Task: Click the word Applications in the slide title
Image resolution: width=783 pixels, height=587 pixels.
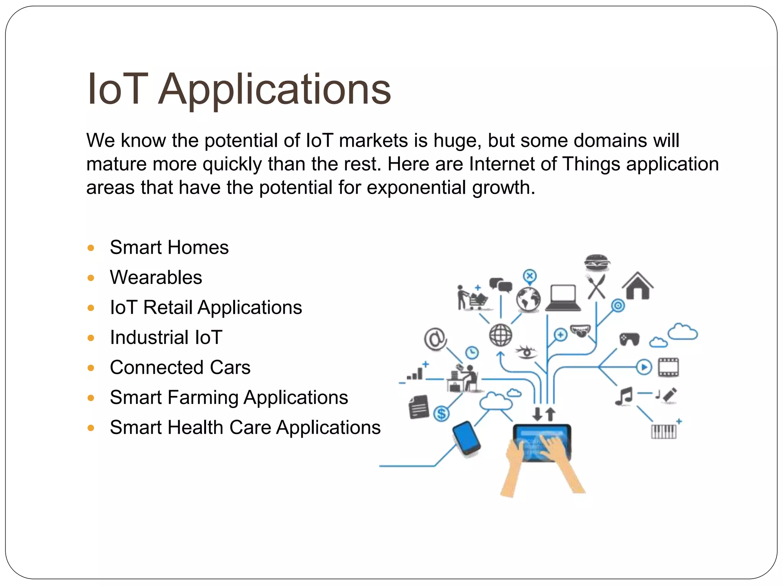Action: tap(275, 90)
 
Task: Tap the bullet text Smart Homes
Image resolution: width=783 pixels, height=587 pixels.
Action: tap(169, 247)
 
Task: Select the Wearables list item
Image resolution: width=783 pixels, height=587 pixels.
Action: tap(156, 277)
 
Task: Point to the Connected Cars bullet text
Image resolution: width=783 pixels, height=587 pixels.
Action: tap(180, 367)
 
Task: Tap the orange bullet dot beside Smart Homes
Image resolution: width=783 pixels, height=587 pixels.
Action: tap(91, 248)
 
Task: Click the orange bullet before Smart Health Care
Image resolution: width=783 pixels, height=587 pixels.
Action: tap(91, 428)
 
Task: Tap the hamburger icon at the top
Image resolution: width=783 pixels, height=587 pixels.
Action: tap(597, 263)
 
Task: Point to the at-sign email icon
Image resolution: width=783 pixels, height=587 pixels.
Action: tap(435, 339)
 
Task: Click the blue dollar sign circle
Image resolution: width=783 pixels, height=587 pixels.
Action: tap(442, 413)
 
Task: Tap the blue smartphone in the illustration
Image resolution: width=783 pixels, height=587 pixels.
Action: tap(466, 438)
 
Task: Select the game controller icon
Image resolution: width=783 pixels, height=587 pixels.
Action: tap(629, 339)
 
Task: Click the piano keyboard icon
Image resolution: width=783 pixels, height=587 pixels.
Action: tap(664, 431)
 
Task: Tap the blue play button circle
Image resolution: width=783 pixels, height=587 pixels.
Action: tap(644, 367)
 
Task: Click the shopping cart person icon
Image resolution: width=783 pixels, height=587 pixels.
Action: tap(472, 298)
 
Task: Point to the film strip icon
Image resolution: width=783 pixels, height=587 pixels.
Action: tap(668, 367)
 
